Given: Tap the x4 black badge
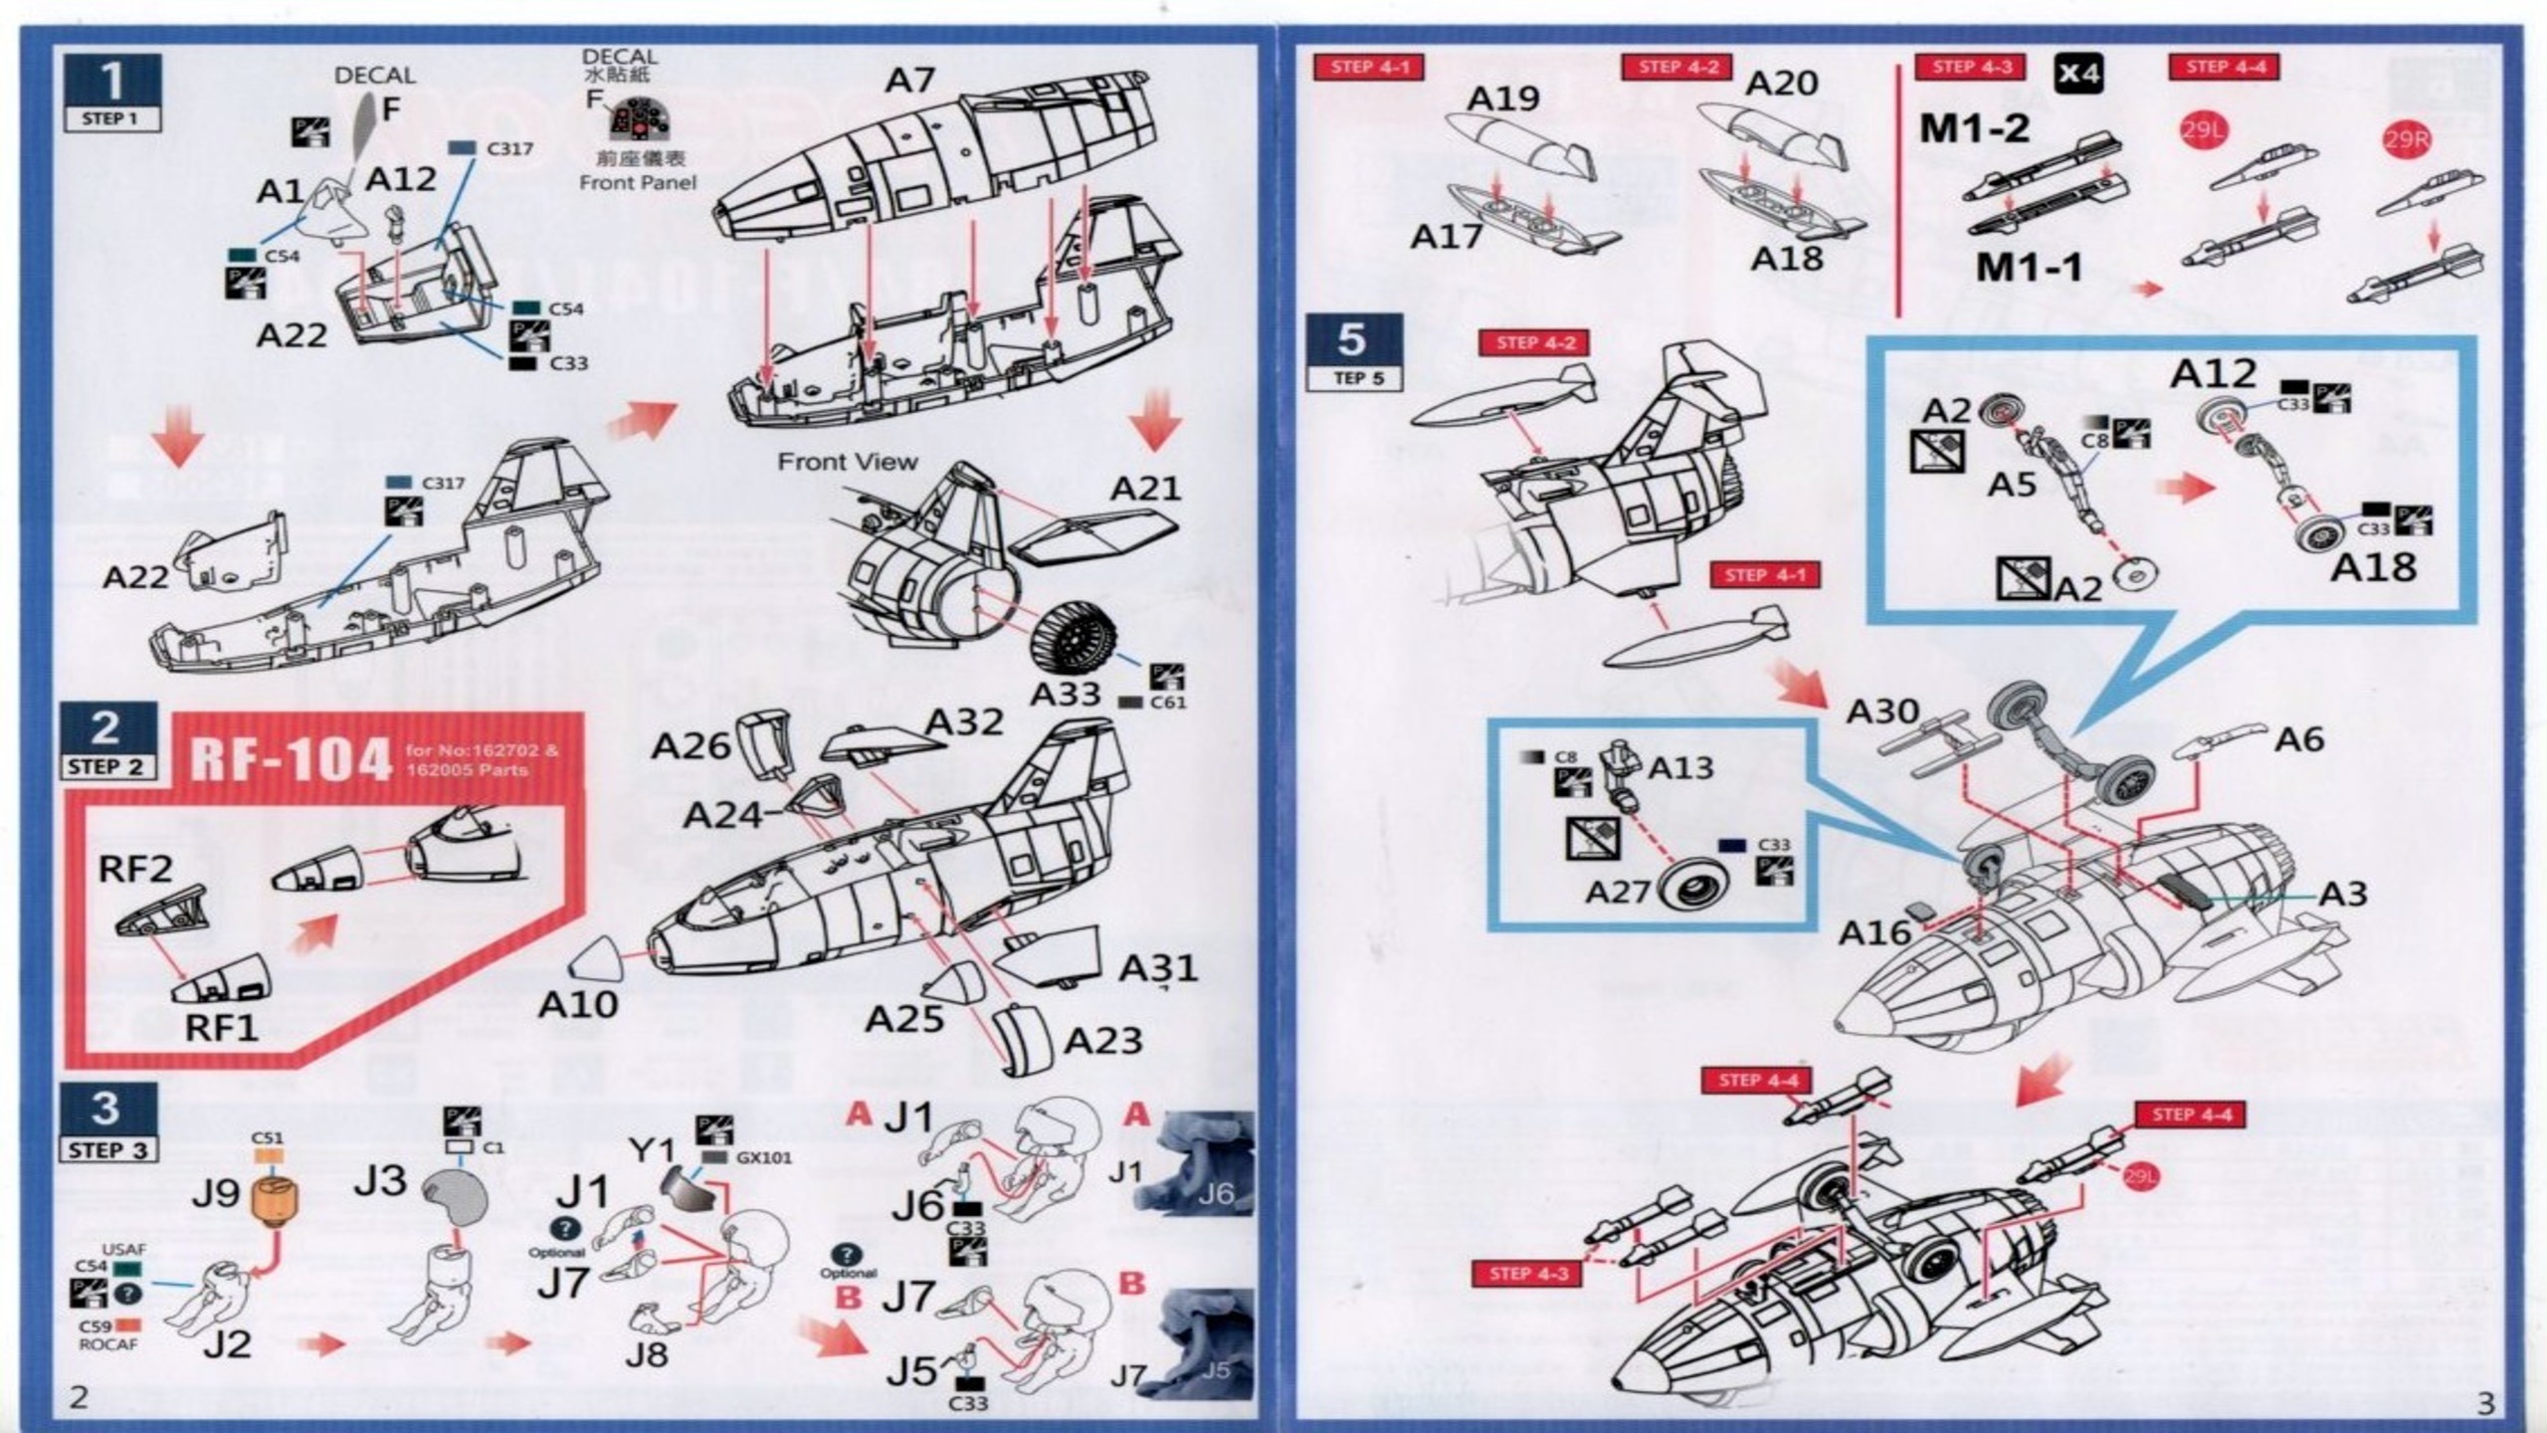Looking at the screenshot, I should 2078,73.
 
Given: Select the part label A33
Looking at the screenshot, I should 1065,694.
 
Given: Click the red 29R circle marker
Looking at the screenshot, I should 2406,140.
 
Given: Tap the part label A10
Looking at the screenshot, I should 577,1005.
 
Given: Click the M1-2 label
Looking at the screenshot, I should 1974,128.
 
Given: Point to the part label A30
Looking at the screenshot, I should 1882,712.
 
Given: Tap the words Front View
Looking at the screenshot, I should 847,462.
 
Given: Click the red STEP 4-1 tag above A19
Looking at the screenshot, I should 1369,68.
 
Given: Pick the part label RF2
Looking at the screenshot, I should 135,869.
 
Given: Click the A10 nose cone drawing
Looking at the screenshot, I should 597,957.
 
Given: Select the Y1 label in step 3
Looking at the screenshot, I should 652,1150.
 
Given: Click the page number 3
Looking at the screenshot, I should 2485,1403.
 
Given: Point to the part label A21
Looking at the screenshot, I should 1145,489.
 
